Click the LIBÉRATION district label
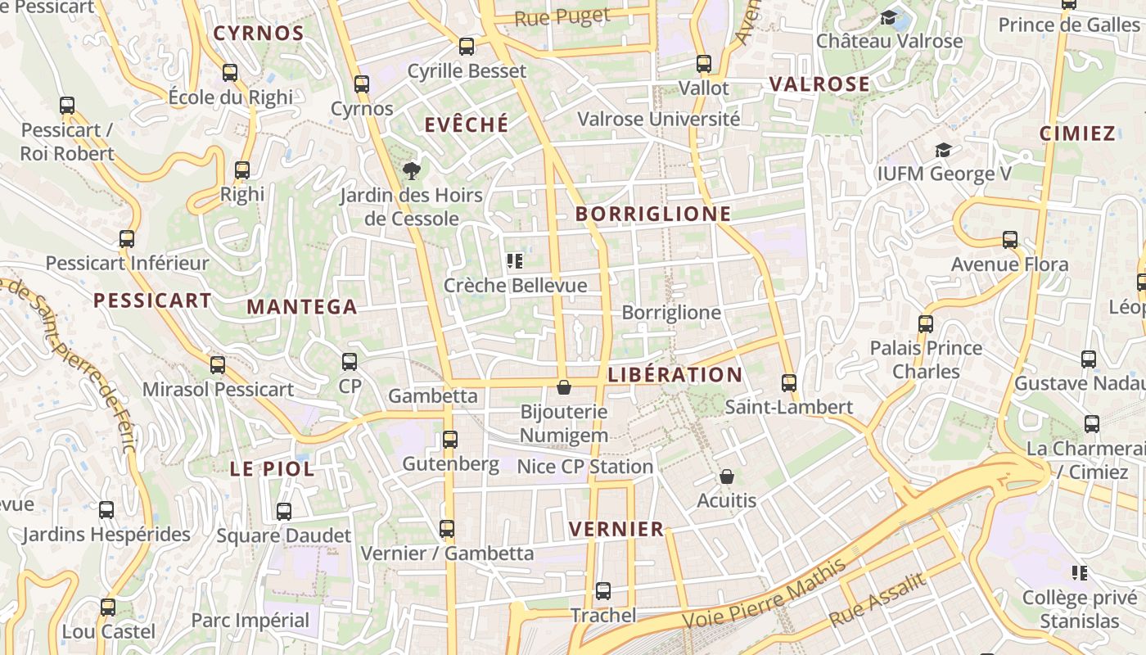tap(675, 375)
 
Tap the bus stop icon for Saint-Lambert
tap(789, 382)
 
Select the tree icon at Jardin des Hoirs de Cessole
tap(411, 170)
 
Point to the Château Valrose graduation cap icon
tap(888, 17)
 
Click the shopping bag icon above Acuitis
tap(726, 476)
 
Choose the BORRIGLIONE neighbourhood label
tap(652, 215)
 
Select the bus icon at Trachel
tap(603, 590)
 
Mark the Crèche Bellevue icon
tap(514, 261)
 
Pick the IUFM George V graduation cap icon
tap(943, 150)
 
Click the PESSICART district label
tap(152, 300)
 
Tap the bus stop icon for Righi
tap(242, 170)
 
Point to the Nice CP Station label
tap(584, 467)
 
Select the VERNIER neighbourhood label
tap(616, 529)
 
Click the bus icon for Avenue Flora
tap(1010, 240)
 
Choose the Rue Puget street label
tap(562, 17)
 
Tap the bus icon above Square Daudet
tap(283, 512)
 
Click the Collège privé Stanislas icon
tap(1080, 572)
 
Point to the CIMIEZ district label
tap(1077, 133)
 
